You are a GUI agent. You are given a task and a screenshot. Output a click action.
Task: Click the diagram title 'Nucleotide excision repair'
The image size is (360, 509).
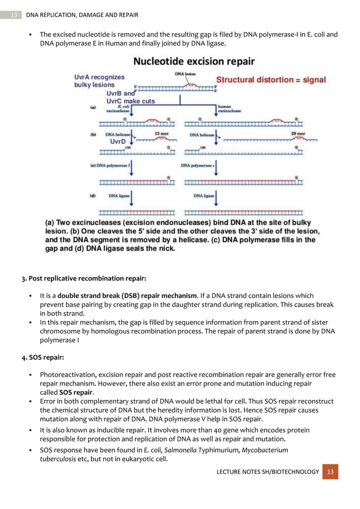[193, 61]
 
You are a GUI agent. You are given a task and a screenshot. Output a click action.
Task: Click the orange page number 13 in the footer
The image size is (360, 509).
[331, 471]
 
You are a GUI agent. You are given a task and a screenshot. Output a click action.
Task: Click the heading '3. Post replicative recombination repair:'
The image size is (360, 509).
[84, 279]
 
